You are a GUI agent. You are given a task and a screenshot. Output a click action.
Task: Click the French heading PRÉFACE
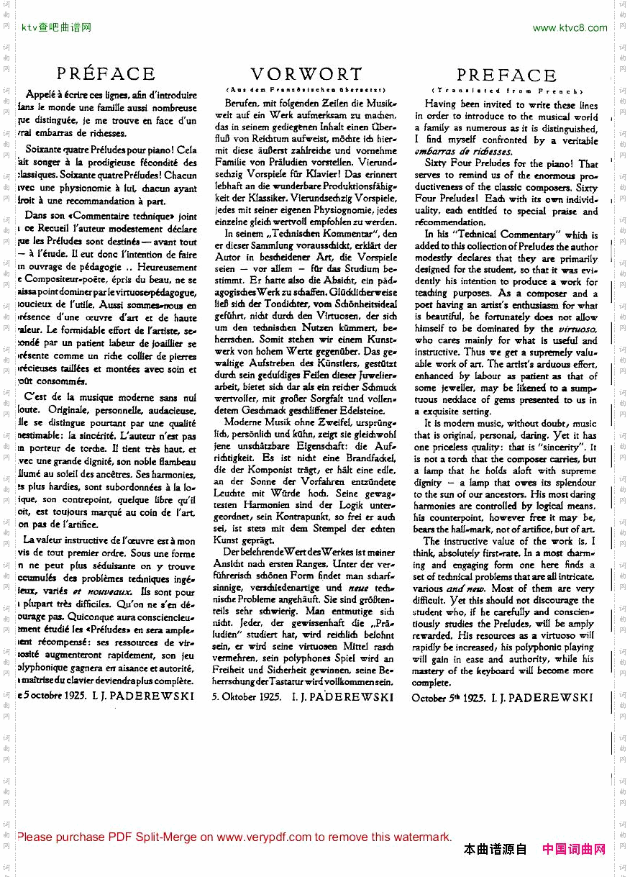coord(106,73)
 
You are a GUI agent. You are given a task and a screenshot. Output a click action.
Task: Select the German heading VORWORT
coord(306,73)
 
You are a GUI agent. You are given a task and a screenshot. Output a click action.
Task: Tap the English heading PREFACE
coord(506,75)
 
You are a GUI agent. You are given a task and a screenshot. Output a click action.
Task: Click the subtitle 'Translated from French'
coord(506,91)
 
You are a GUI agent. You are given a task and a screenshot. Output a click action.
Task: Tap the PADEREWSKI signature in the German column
coord(343,696)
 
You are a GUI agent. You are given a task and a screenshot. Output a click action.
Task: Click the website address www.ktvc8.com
coord(570,28)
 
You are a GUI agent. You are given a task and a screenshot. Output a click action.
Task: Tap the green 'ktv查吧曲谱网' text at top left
coord(57,28)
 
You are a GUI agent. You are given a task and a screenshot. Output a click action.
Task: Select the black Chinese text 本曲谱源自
coord(496,849)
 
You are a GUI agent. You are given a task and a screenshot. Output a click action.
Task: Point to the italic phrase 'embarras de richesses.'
coord(463,151)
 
